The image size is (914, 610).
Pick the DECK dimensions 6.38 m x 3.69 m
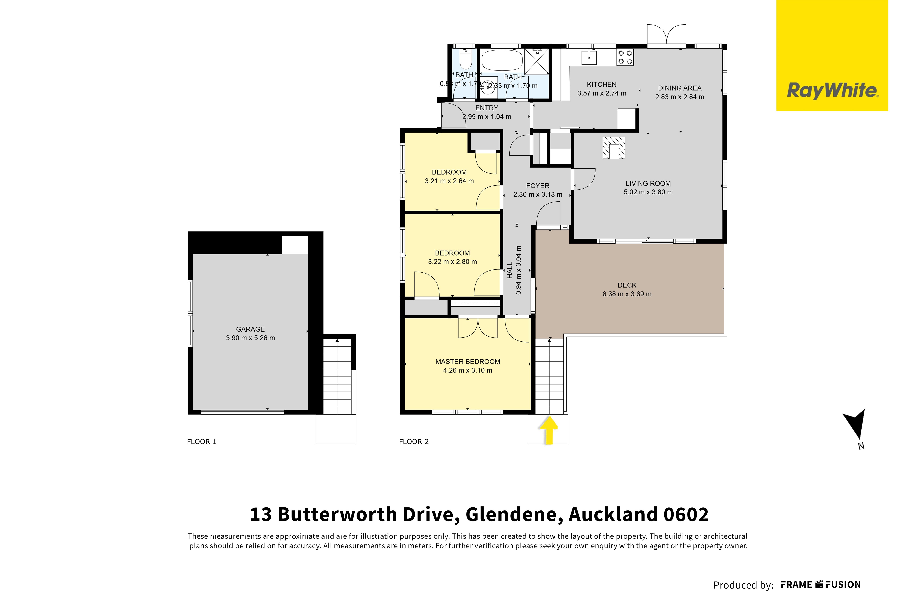click(627, 294)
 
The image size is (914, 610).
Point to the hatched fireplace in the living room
click(613, 148)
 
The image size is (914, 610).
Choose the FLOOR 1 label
click(201, 441)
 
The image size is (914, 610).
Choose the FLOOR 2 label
click(414, 441)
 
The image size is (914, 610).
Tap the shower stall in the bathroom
click(537, 62)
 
